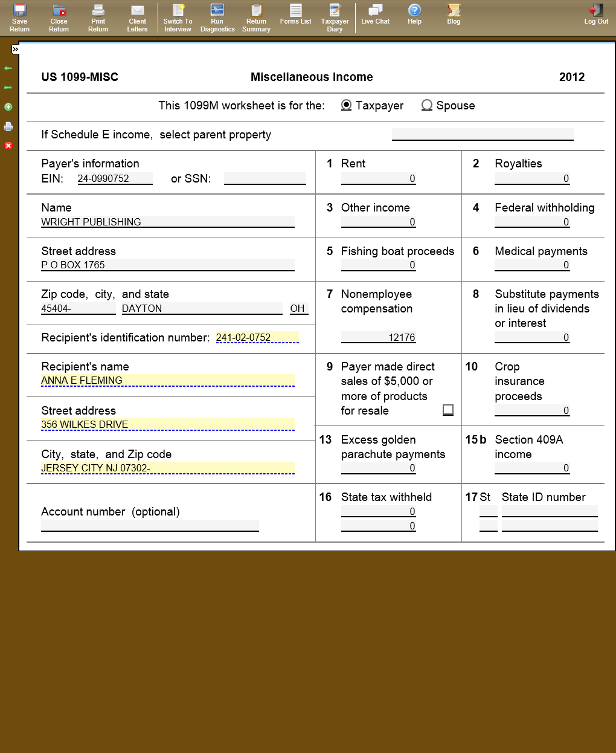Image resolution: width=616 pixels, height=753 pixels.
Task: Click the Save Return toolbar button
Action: click(x=19, y=18)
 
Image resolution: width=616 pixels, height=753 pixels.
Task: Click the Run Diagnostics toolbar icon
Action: click(x=217, y=18)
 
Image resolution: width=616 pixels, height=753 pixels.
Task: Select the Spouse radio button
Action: click(x=427, y=105)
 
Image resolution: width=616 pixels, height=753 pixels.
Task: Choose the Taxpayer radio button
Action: click(x=347, y=105)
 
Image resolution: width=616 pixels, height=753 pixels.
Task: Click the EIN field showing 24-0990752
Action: click(x=115, y=179)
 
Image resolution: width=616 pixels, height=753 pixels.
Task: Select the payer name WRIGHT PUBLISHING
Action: click(x=167, y=222)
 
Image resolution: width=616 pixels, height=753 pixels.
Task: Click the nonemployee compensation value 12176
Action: click(x=379, y=337)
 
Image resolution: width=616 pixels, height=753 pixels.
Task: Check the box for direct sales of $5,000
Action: click(x=448, y=410)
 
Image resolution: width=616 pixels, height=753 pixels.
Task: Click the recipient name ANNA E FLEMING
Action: click(x=167, y=381)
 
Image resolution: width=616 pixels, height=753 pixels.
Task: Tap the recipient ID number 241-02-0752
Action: click(x=257, y=337)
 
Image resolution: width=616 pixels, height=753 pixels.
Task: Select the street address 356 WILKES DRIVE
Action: click(x=167, y=424)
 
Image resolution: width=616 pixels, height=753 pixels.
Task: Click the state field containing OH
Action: click(x=298, y=308)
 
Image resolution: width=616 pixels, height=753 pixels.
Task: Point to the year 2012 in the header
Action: click(x=571, y=77)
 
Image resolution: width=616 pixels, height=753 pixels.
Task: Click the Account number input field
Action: click(x=150, y=526)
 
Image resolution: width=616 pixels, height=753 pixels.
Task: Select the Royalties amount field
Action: click(x=532, y=179)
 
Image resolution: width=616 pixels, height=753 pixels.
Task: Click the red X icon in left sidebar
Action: click(x=8, y=146)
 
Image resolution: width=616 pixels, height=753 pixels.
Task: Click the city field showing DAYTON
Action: click(x=202, y=308)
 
